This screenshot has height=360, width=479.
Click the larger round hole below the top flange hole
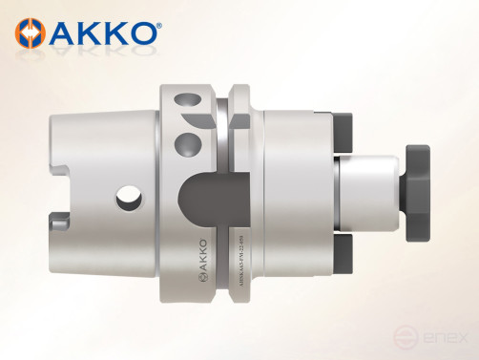coord(186,144)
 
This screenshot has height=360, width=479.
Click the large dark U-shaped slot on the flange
coord(205,201)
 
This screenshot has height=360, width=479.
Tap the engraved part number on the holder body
coord(245,263)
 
